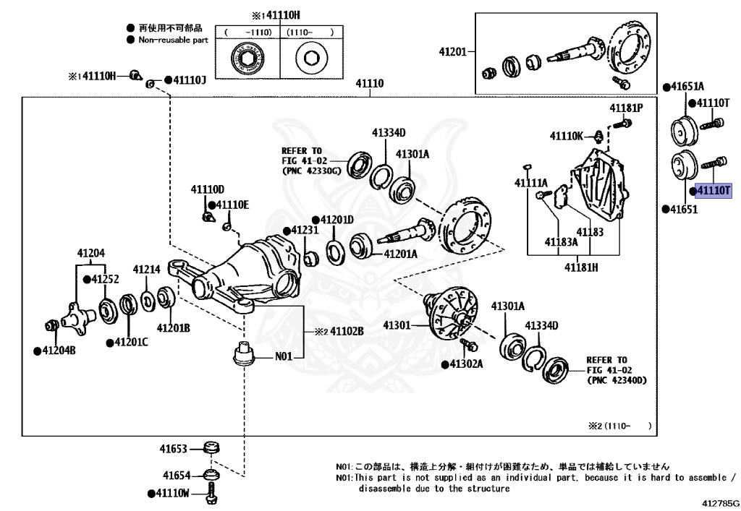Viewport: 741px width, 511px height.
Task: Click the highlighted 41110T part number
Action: [714, 191]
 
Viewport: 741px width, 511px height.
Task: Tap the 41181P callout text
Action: [625, 108]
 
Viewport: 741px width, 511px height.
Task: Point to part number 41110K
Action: [566, 135]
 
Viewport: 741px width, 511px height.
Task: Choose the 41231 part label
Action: [305, 230]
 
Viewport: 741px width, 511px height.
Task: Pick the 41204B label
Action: [59, 351]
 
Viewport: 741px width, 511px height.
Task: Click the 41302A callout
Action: [466, 364]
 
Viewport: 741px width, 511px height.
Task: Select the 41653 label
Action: [174, 449]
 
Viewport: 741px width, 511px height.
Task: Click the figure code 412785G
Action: [720, 502]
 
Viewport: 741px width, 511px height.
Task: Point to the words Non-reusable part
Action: [174, 40]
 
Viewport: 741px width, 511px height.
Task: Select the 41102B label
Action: [347, 331]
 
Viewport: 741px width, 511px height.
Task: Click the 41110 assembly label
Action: [369, 84]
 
